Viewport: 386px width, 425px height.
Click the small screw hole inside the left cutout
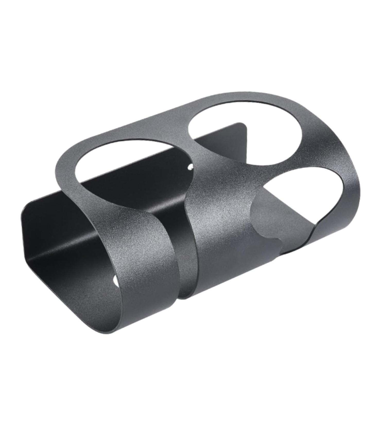click(x=191, y=167)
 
